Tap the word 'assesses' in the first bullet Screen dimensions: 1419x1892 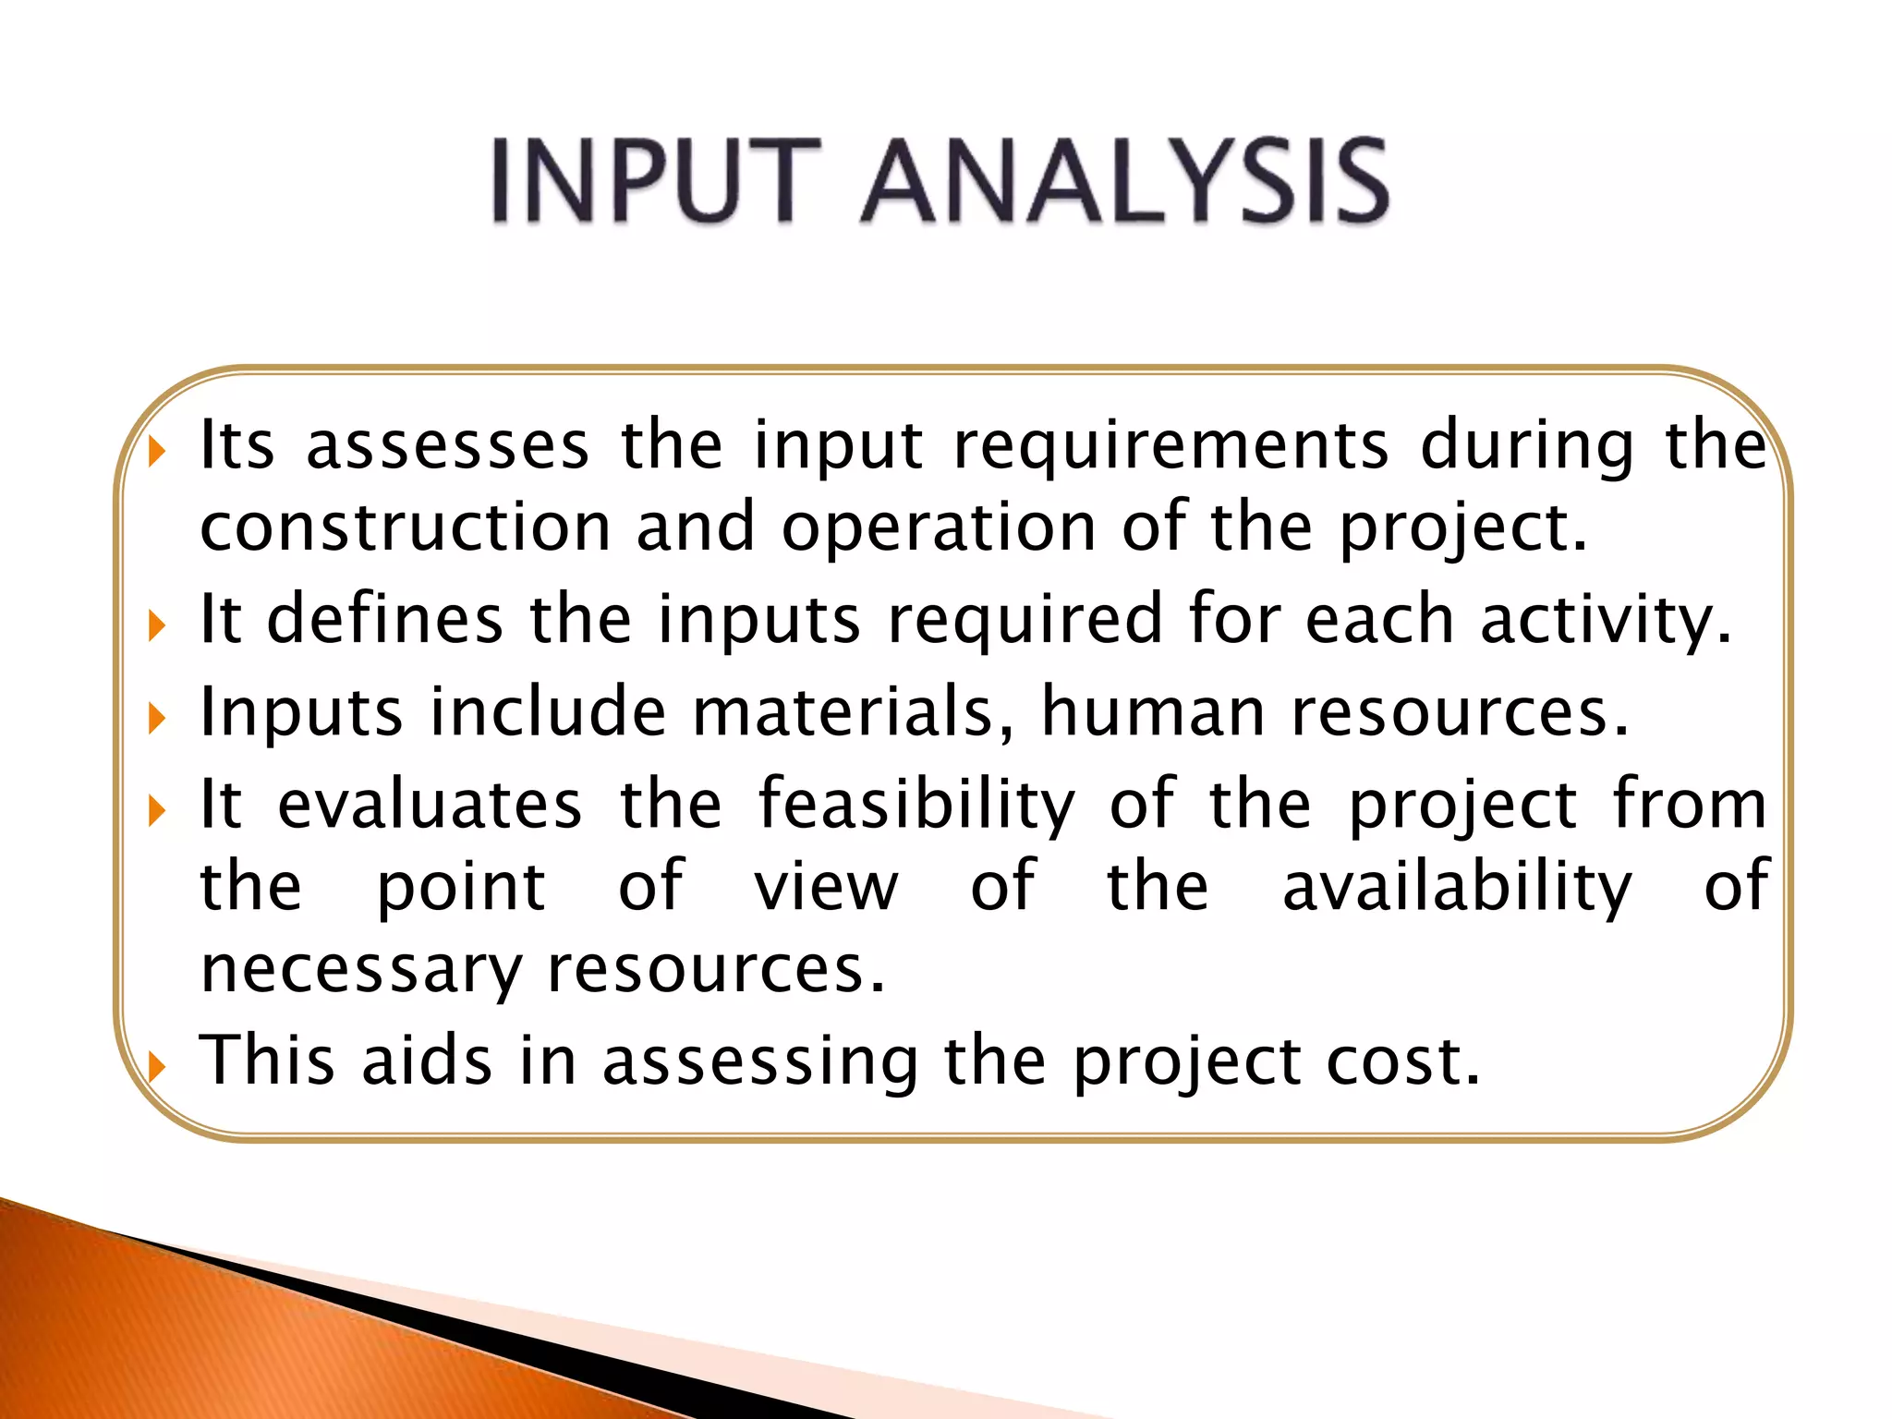(x=447, y=445)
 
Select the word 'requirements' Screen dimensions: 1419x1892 (x=1170, y=447)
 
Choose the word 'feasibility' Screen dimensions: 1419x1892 (x=916, y=806)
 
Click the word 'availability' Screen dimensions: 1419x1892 (x=1457, y=887)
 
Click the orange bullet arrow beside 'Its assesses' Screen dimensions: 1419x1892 (x=157, y=452)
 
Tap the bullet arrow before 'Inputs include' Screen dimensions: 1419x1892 (x=157, y=718)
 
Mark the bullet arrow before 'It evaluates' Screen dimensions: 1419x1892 (x=157, y=811)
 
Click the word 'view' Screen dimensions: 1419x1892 (x=826, y=886)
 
